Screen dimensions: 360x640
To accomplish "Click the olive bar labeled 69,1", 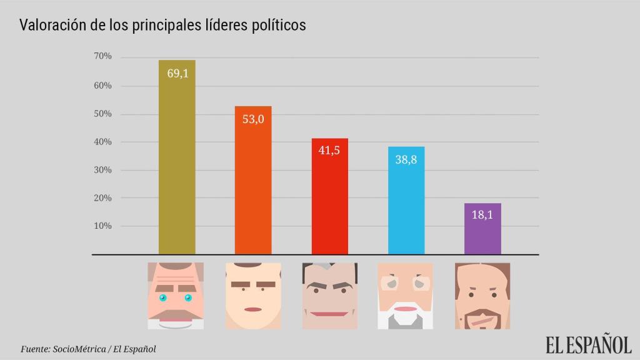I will (x=177, y=162).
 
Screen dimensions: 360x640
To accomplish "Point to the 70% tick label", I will (x=102, y=56).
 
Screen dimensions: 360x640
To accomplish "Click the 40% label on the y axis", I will (x=102, y=142).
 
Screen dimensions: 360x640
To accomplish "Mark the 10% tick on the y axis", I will (x=102, y=226).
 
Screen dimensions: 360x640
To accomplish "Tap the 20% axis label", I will (x=102, y=197).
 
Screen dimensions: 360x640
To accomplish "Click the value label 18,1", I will (x=482, y=214).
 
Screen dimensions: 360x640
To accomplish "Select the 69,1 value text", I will (x=177, y=73).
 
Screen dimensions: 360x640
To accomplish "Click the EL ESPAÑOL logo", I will (x=588, y=344).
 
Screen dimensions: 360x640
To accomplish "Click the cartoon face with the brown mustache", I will (x=176, y=296).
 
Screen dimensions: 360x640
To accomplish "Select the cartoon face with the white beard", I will (x=405, y=296).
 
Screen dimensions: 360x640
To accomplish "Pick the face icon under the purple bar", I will (x=482, y=296).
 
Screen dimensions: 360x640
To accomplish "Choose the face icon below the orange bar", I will (x=252, y=296).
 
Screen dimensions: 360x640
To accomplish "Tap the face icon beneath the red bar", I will (x=329, y=296).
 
